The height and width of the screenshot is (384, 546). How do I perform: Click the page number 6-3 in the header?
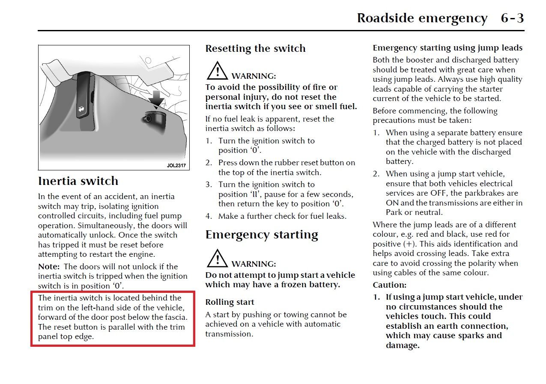512,18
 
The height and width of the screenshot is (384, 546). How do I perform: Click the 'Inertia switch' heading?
78,181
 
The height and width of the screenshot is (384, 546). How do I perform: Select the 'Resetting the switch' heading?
255,48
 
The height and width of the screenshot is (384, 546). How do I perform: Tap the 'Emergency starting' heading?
262,235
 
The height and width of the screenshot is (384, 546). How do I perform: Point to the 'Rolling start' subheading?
230,302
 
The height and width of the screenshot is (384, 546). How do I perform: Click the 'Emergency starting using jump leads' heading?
448,48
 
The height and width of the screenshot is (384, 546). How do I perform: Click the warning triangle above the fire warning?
217,71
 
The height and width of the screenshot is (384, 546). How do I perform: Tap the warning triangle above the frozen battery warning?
217,259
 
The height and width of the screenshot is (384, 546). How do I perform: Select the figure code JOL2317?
176,165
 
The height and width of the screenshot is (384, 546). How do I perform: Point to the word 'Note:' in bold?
48,266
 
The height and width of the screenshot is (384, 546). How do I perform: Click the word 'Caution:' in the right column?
389,285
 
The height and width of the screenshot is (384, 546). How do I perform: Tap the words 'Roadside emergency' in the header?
422,18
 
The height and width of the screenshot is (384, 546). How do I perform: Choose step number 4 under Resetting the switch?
208,216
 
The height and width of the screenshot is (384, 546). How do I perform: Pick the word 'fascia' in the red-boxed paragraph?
175,317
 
